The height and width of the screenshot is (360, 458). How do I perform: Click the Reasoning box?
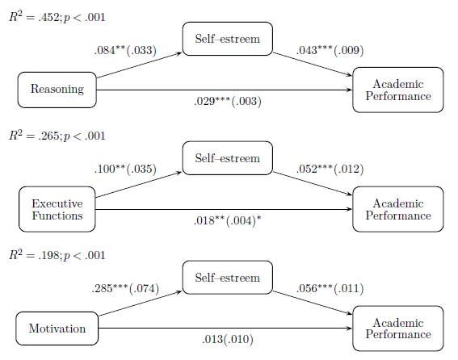(x=57, y=90)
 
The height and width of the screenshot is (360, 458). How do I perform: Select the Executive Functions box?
(x=57, y=209)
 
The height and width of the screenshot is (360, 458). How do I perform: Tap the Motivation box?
(x=57, y=329)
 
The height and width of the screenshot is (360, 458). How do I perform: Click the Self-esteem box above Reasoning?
(x=228, y=38)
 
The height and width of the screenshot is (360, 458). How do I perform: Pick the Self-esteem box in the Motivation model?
(x=228, y=278)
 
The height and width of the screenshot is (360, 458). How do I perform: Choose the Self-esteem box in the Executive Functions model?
(x=228, y=158)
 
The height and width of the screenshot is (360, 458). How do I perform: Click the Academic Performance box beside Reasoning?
(x=398, y=90)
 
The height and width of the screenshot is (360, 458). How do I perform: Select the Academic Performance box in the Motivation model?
(x=398, y=329)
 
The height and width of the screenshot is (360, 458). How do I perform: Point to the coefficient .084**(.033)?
(x=125, y=51)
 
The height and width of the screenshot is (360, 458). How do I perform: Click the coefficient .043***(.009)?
(x=330, y=51)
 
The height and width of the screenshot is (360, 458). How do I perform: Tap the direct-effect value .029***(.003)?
(x=229, y=103)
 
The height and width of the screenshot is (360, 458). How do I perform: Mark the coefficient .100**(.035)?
(x=125, y=170)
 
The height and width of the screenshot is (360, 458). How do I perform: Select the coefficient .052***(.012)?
(x=330, y=170)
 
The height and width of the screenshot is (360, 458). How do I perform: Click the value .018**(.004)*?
(x=229, y=221)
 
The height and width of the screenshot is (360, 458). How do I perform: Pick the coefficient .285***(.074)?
(x=125, y=288)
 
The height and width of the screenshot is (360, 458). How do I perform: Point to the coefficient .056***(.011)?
(x=330, y=288)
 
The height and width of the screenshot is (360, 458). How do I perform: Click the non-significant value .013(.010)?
(x=229, y=340)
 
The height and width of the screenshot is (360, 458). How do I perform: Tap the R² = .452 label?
(x=57, y=16)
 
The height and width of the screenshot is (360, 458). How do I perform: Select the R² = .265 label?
(x=57, y=136)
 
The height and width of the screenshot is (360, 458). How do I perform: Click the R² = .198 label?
(x=57, y=255)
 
